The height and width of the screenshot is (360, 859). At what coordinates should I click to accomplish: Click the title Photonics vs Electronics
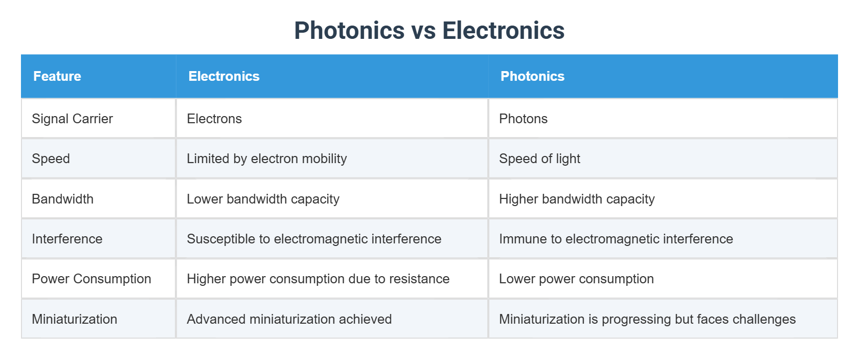tap(429, 31)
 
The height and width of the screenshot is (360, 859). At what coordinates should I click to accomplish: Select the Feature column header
tap(57, 76)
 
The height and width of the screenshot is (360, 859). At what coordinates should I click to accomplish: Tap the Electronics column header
tap(224, 76)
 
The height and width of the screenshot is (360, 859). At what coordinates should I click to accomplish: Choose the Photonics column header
tap(532, 76)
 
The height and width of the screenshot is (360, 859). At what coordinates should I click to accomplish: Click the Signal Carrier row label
tap(72, 119)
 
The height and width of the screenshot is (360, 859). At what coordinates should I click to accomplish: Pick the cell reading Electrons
tap(214, 119)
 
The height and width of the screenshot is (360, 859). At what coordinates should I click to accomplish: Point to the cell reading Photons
tap(523, 119)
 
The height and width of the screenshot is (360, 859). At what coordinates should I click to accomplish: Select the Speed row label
tap(51, 159)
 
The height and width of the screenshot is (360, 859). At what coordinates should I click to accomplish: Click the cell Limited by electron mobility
tap(266, 159)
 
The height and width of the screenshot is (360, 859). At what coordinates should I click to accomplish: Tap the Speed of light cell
tap(539, 159)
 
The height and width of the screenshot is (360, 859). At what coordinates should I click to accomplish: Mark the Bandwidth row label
tap(62, 199)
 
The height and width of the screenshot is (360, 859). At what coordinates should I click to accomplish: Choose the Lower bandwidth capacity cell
tap(263, 199)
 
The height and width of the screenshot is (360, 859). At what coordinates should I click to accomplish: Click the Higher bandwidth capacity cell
tap(577, 199)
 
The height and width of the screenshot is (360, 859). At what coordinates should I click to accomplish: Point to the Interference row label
tap(67, 239)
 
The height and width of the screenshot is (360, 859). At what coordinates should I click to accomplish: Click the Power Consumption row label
tap(92, 279)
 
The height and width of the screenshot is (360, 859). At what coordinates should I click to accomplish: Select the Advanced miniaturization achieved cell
tap(289, 319)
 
